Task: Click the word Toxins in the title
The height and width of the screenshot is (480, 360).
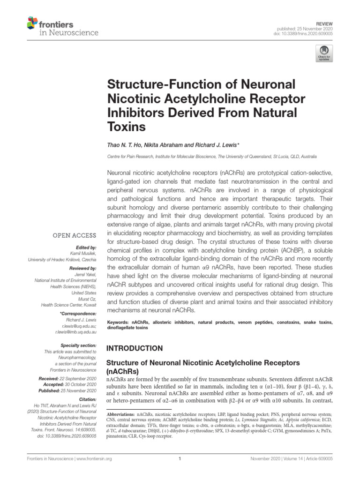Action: (127, 127)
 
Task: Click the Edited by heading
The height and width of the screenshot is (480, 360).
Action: (86, 247)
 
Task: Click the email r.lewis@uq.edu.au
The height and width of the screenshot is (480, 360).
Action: (79, 325)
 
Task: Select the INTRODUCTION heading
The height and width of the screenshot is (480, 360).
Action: (136, 348)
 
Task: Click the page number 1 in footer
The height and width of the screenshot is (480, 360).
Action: (180, 459)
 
